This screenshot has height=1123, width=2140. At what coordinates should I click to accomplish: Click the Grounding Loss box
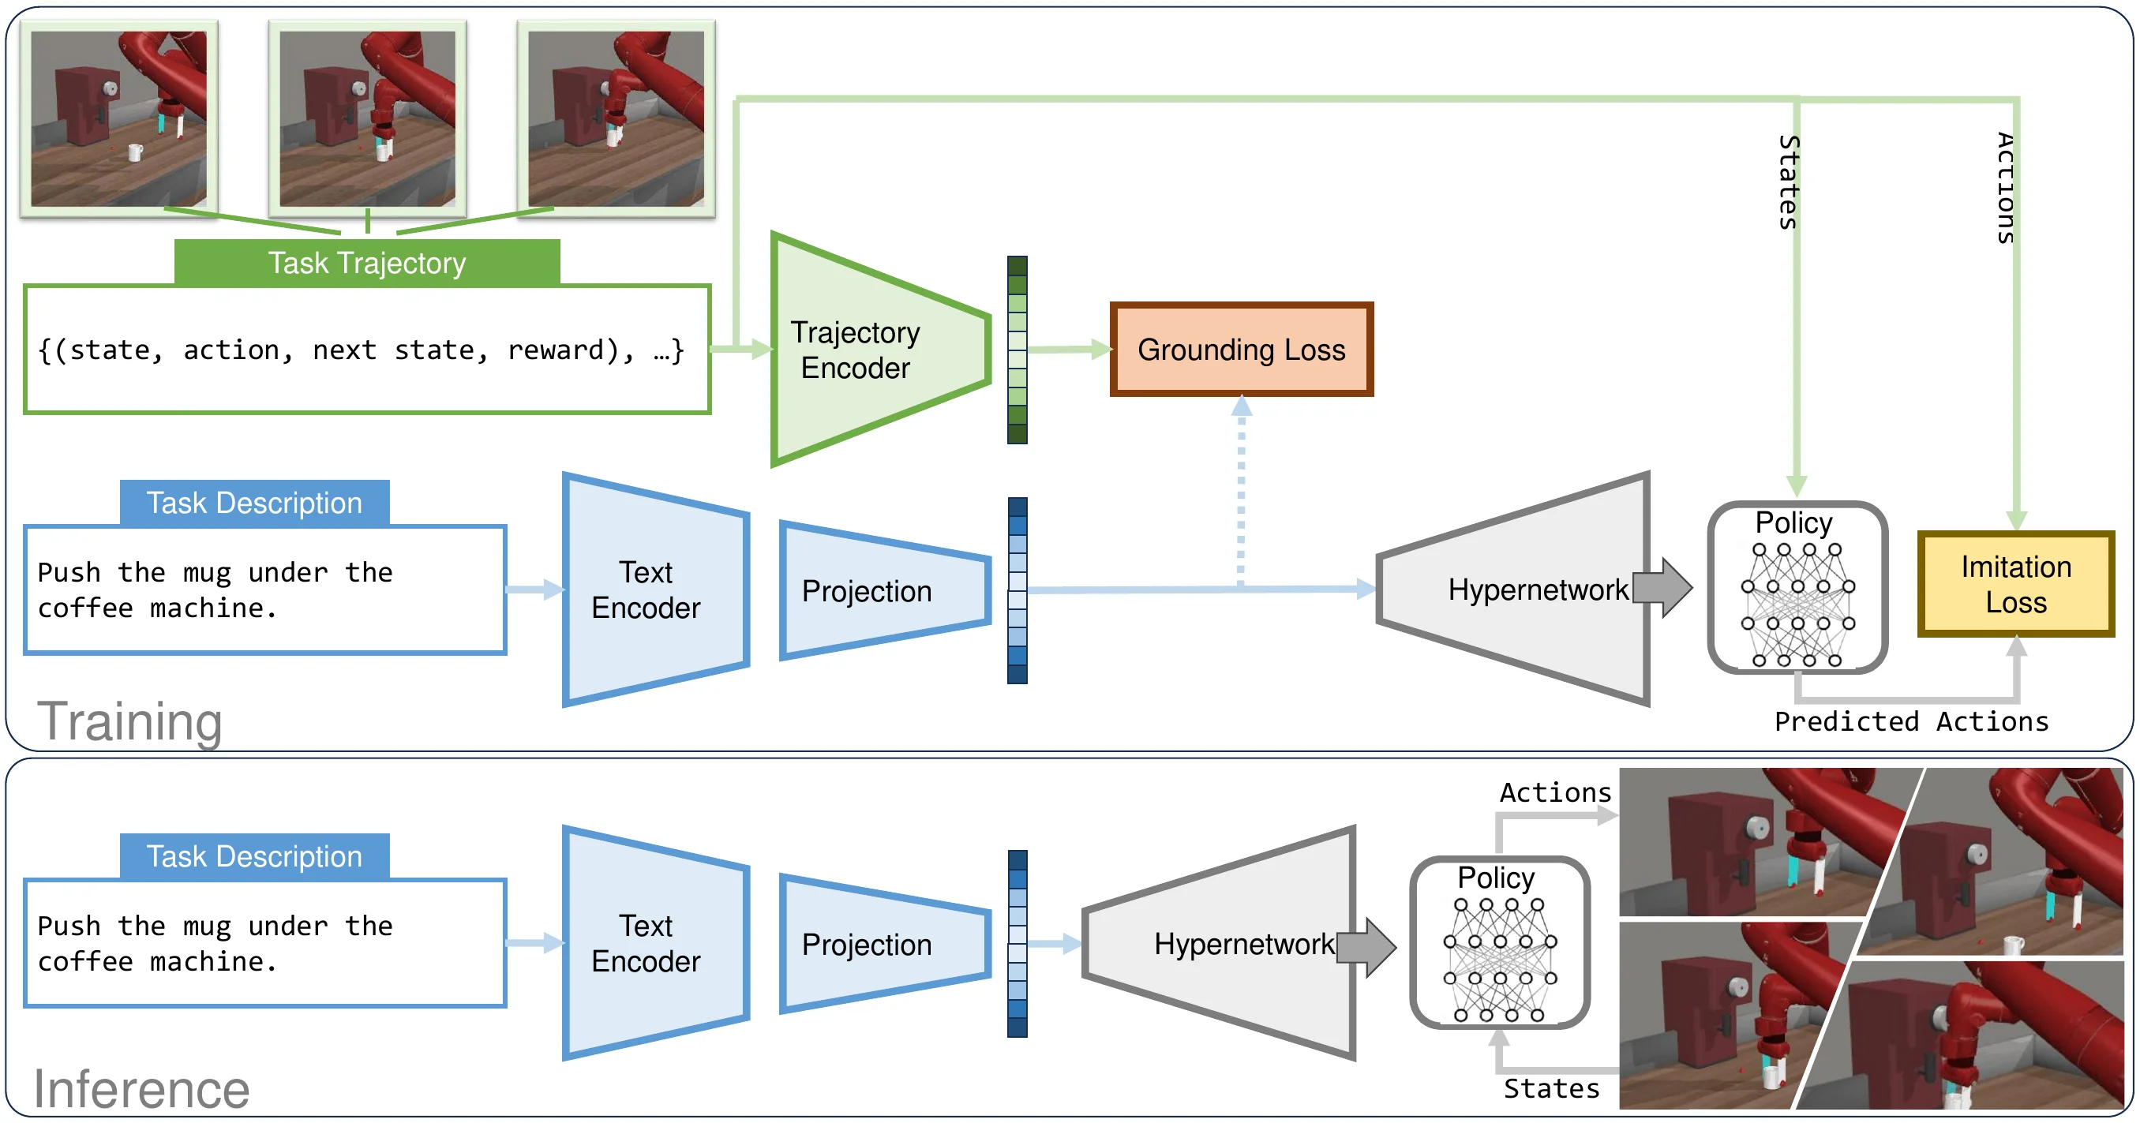pyautogui.click(x=1241, y=350)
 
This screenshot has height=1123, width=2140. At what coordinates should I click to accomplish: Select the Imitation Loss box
pyautogui.click(x=2015, y=584)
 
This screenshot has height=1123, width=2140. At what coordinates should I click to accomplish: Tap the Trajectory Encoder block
pyautogui.click(x=864, y=350)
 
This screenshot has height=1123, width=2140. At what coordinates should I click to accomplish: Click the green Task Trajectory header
pyautogui.click(x=366, y=263)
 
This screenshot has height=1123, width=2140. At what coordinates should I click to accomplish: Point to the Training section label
pyautogui.click(x=129, y=721)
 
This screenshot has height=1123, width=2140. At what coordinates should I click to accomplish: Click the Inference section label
pyautogui.click(x=141, y=1088)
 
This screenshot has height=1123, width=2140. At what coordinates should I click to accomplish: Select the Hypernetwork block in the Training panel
pyautogui.click(x=1520, y=589)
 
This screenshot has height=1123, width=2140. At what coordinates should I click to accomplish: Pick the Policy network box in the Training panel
pyautogui.click(x=1797, y=587)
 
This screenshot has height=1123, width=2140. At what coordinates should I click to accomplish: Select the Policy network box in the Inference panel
pyautogui.click(x=1500, y=942)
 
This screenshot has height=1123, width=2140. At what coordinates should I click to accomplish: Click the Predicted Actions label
pyautogui.click(x=1911, y=721)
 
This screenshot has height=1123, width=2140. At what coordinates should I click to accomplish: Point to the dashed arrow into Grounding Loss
pyautogui.click(x=1241, y=499)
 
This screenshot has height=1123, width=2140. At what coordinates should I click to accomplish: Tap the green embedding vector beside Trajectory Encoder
pyautogui.click(x=1017, y=350)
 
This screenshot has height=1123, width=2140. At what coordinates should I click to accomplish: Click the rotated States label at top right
pyautogui.click(x=1789, y=182)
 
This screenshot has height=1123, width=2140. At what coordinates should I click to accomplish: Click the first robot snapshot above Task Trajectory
pyautogui.click(x=118, y=118)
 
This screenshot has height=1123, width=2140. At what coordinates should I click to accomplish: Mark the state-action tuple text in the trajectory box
pyautogui.click(x=362, y=350)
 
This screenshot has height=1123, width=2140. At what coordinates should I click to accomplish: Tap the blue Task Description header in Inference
pyautogui.click(x=254, y=856)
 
